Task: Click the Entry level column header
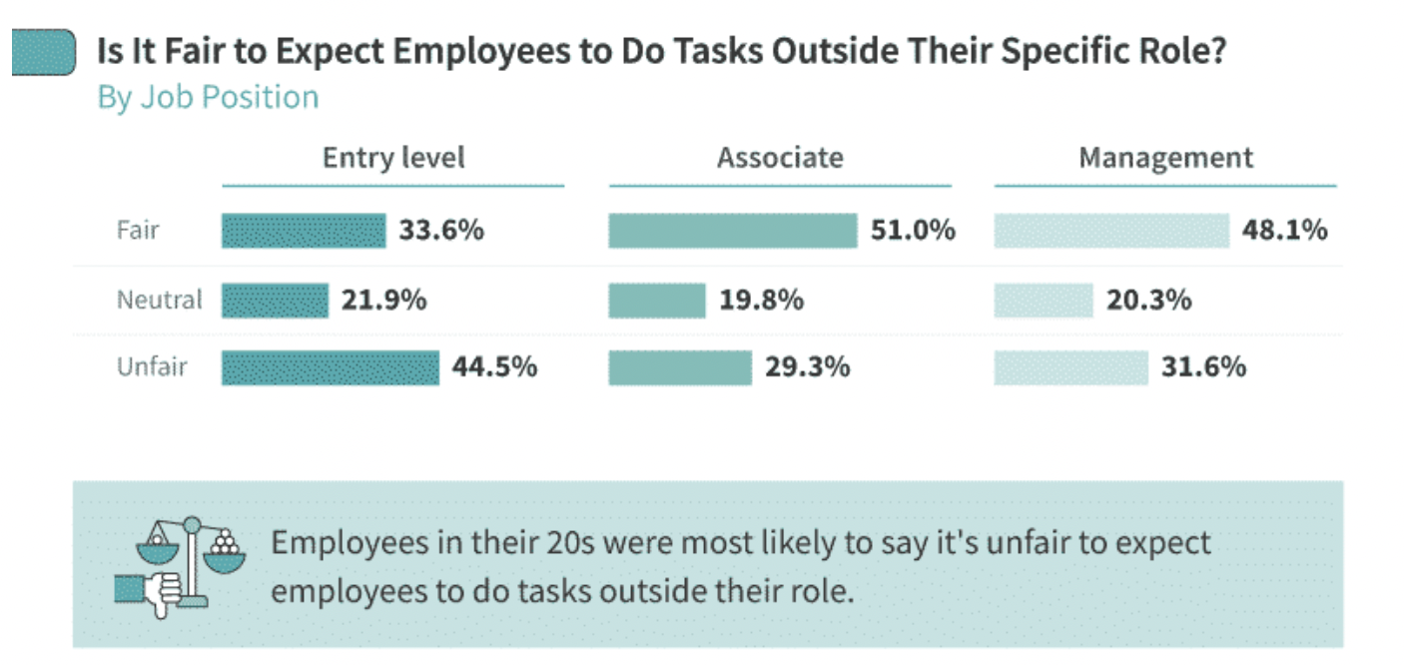click(393, 159)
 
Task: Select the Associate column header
click(780, 159)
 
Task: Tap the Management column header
click(1165, 159)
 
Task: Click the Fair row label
click(138, 231)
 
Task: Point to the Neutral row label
click(159, 300)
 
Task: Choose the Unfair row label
click(151, 367)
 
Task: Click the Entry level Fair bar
click(304, 231)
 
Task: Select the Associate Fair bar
click(732, 231)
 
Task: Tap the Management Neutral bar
click(1044, 300)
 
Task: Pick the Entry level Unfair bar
click(330, 367)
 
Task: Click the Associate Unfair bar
click(679, 367)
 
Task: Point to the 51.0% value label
click(913, 231)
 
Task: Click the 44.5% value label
click(494, 367)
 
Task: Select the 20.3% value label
click(1148, 300)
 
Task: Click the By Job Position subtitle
click(208, 97)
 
